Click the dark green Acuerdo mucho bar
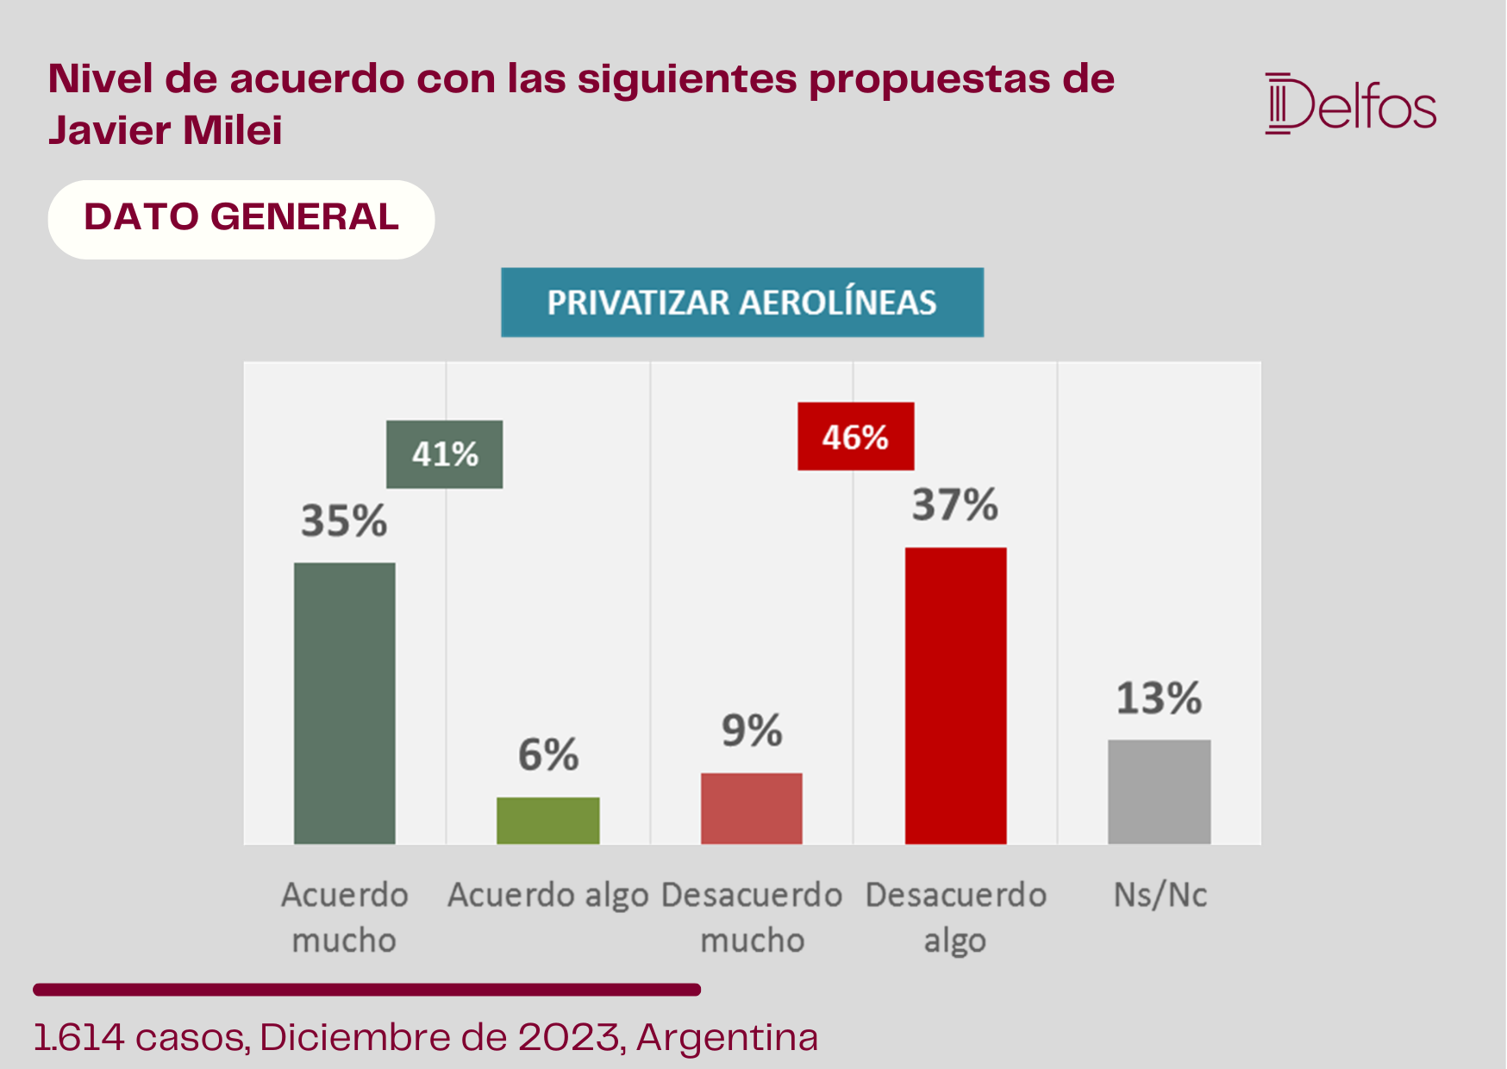[345, 703]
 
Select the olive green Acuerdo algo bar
[548, 821]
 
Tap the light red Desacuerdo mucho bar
[752, 809]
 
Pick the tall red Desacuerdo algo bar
[955, 696]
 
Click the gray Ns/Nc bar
[1160, 791]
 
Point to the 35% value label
[344, 521]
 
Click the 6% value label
[548, 755]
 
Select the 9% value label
[752, 731]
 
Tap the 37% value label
[955, 504]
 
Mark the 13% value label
[1160, 698]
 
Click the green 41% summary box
[445, 454]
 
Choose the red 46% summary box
[856, 436]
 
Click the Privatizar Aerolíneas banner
[742, 303]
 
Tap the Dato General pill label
[241, 219]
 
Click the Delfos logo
[1351, 104]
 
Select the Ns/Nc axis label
[1160, 895]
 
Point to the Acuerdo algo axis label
[548, 897]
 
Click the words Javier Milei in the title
[166, 131]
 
